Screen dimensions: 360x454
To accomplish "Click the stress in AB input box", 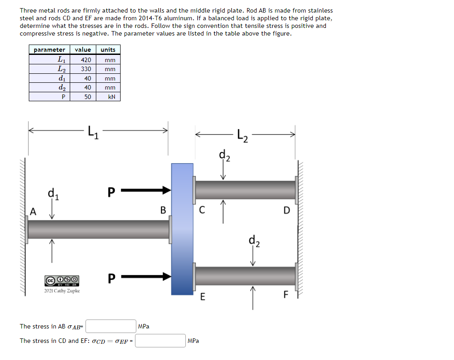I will [x=111, y=326].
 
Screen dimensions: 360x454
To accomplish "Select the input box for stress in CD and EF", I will [x=160, y=341].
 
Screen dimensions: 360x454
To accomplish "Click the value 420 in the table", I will [x=86, y=60].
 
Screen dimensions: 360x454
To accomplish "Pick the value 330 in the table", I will [x=86, y=69].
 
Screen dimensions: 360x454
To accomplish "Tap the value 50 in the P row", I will [x=87, y=97].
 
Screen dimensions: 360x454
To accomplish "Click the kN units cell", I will [x=111, y=97].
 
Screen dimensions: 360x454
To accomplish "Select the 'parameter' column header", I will [x=49, y=49].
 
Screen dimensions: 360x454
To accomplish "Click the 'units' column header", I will [x=108, y=49].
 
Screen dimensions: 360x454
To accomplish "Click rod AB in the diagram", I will [x=99, y=229].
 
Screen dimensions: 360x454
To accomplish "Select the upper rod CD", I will [x=245, y=190].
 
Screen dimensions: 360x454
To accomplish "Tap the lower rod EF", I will [x=245, y=275].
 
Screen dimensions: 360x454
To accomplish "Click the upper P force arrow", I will [x=146, y=190].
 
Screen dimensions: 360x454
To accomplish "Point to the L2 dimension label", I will [x=242, y=134].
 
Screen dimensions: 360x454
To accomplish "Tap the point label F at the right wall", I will [x=285, y=295].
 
